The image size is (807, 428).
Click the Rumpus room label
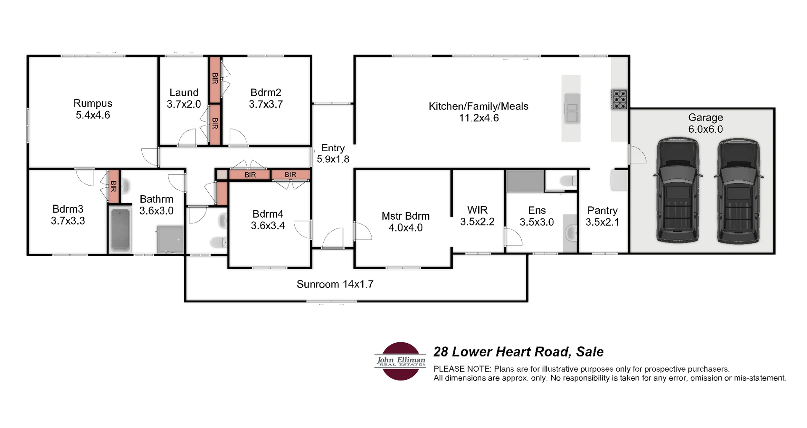(x=92, y=103)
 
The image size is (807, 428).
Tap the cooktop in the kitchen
(x=619, y=100)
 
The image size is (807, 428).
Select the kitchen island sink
(x=572, y=108)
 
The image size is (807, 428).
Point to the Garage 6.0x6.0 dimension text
(x=705, y=129)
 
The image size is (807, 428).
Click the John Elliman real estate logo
(x=401, y=361)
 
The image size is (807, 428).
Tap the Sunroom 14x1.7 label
(x=335, y=284)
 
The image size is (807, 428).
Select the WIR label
(x=477, y=210)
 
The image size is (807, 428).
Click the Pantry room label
(x=602, y=210)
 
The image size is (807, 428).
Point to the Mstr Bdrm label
(x=405, y=216)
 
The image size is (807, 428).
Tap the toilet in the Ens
(x=568, y=181)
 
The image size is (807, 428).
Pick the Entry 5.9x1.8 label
(x=333, y=154)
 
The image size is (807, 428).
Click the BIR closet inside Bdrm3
(x=113, y=186)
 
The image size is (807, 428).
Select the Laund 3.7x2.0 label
(x=184, y=98)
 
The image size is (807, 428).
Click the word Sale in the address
(x=590, y=352)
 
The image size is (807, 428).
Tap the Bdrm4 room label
(x=268, y=214)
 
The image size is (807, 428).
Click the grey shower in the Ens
(x=525, y=181)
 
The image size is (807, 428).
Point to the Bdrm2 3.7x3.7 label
(x=266, y=98)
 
